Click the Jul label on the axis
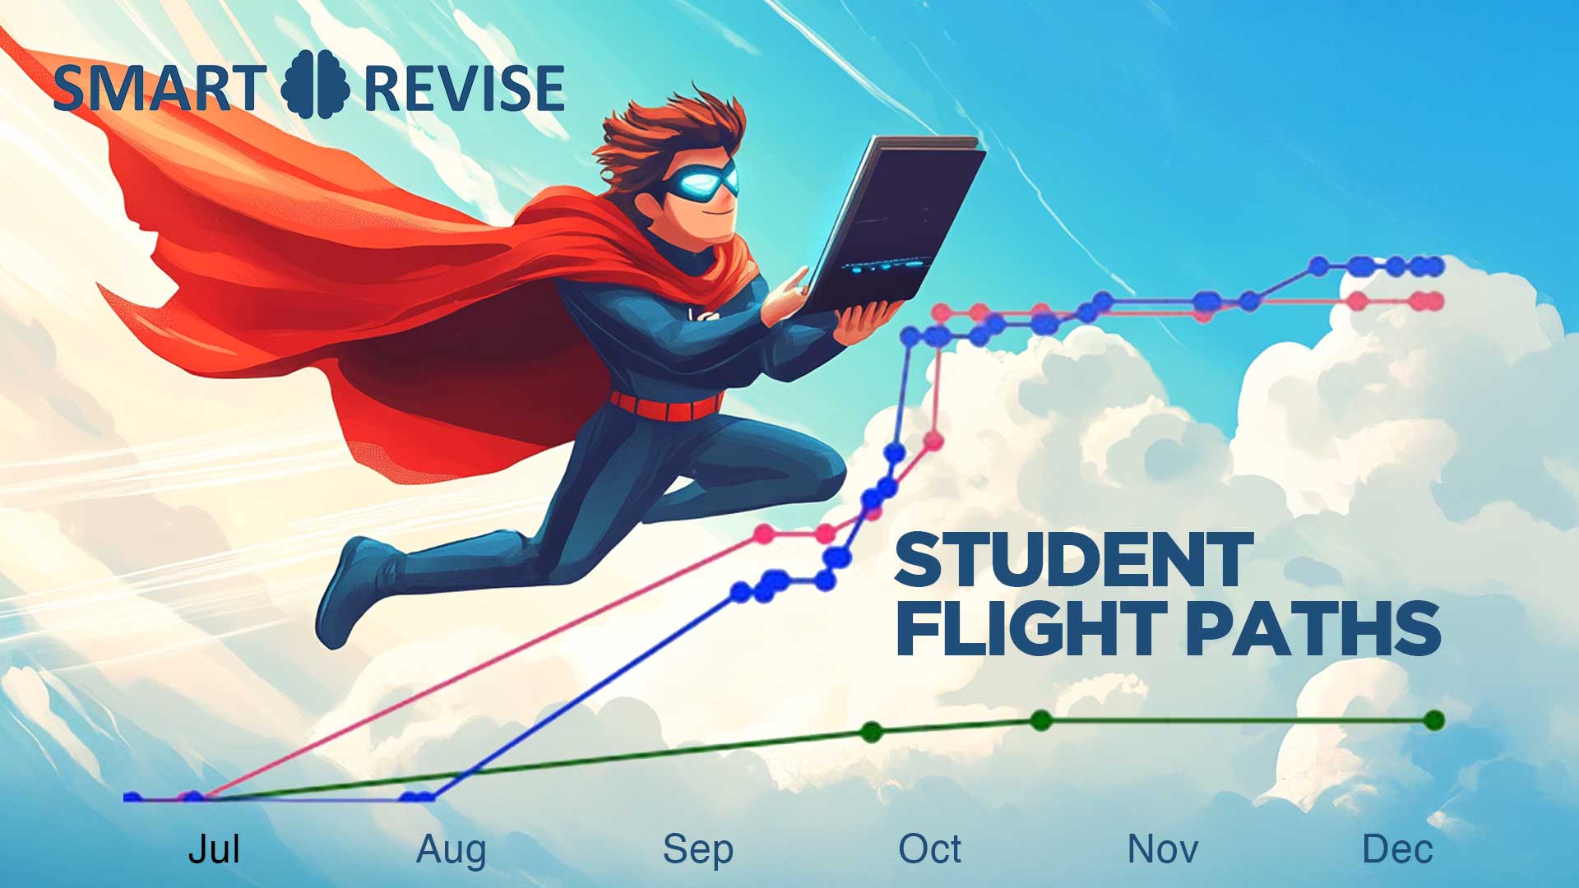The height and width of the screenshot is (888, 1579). [214, 849]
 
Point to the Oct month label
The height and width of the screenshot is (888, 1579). [929, 849]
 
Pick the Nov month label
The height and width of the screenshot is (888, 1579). [1162, 849]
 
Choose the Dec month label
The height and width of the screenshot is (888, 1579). [1397, 849]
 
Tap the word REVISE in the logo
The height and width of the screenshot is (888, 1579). [464, 89]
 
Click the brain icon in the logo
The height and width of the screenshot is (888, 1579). [315, 85]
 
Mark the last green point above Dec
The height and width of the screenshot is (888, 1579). [1434, 720]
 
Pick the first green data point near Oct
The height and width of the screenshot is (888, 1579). [872, 731]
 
